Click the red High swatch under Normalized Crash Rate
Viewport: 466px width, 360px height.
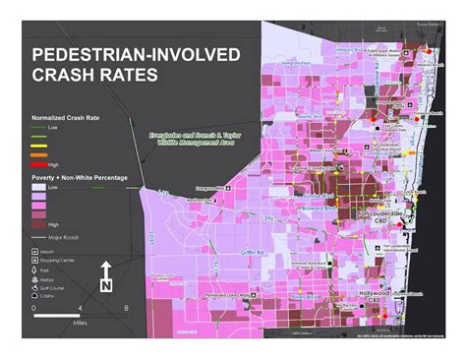tap(40, 164)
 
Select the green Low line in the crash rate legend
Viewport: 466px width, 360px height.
tap(40, 126)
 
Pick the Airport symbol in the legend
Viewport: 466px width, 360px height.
tap(36, 252)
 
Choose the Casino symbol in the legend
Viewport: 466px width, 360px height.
tap(36, 295)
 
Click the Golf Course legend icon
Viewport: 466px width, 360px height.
tap(36, 284)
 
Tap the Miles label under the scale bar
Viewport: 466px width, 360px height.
tap(80, 321)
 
